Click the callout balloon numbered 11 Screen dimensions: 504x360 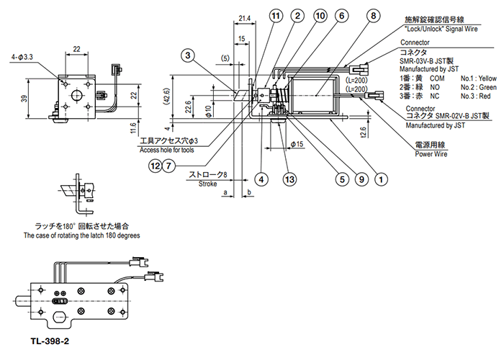click(276, 16)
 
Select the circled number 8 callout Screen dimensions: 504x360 click(373, 16)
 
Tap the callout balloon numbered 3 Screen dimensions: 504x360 click(188, 55)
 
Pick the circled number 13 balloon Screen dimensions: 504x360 click(289, 179)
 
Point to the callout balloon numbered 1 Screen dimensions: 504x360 click(381, 179)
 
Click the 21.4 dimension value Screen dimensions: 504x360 click(245, 18)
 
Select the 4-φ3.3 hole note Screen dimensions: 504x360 click(22, 57)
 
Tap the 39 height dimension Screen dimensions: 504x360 click(24, 99)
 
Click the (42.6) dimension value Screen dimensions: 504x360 click(166, 96)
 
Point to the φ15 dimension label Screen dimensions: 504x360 click(297, 144)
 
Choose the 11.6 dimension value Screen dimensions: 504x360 click(134, 128)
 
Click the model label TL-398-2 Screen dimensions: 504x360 click(50, 341)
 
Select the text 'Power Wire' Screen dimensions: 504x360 click(431, 154)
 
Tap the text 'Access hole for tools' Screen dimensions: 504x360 click(167, 150)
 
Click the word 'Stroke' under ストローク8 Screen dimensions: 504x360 click(207, 184)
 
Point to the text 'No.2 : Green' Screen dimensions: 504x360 click(479, 87)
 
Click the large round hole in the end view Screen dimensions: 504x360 click(77, 95)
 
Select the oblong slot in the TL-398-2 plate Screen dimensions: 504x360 click(60, 318)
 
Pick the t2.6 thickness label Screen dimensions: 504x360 click(363, 132)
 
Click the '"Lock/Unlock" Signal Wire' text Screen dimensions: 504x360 click(441, 29)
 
